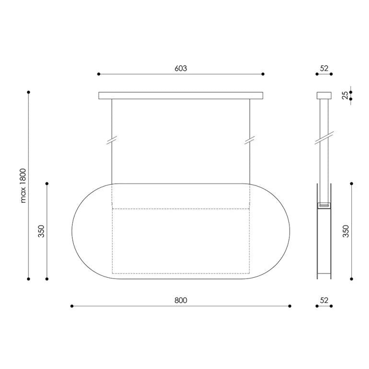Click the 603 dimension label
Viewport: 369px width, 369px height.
click(x=181, y=68)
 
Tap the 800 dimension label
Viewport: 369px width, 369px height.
click(x=181, y=300)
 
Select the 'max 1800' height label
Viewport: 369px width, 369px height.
click(x=23, y=185)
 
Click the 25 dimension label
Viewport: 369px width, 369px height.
click(x=345, y=95)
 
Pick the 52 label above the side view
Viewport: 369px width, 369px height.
click(x=324, y=68)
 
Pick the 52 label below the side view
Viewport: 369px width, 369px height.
click(x=324, y=300)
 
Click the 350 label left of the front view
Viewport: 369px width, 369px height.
click(x=41, y=231)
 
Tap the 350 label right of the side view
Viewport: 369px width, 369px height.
click(x=346, y=231)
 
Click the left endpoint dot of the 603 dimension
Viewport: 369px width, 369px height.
click(x=99, y=74)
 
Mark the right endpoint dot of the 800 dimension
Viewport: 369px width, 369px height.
click(x=290, y=306)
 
